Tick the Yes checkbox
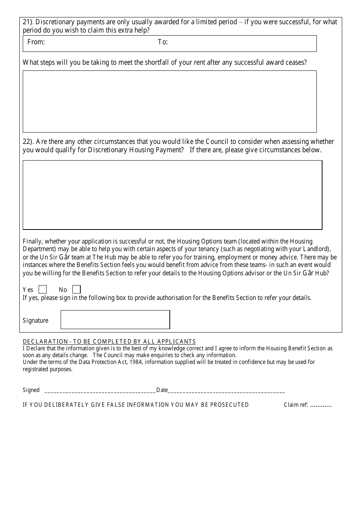click(x=43, y=290)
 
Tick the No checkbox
click(x=77, y=290)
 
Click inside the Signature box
click(x=115, y=320)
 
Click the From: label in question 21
click(x=36, y=42)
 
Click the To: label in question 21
click(x=163, y=42)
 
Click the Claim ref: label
click(x=296, y=405)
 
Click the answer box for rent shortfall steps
click(x=169, y=101)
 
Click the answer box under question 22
click(x=172, y=195)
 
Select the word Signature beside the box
click(x=36, y=320)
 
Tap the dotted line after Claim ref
click(x=321, y=405)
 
